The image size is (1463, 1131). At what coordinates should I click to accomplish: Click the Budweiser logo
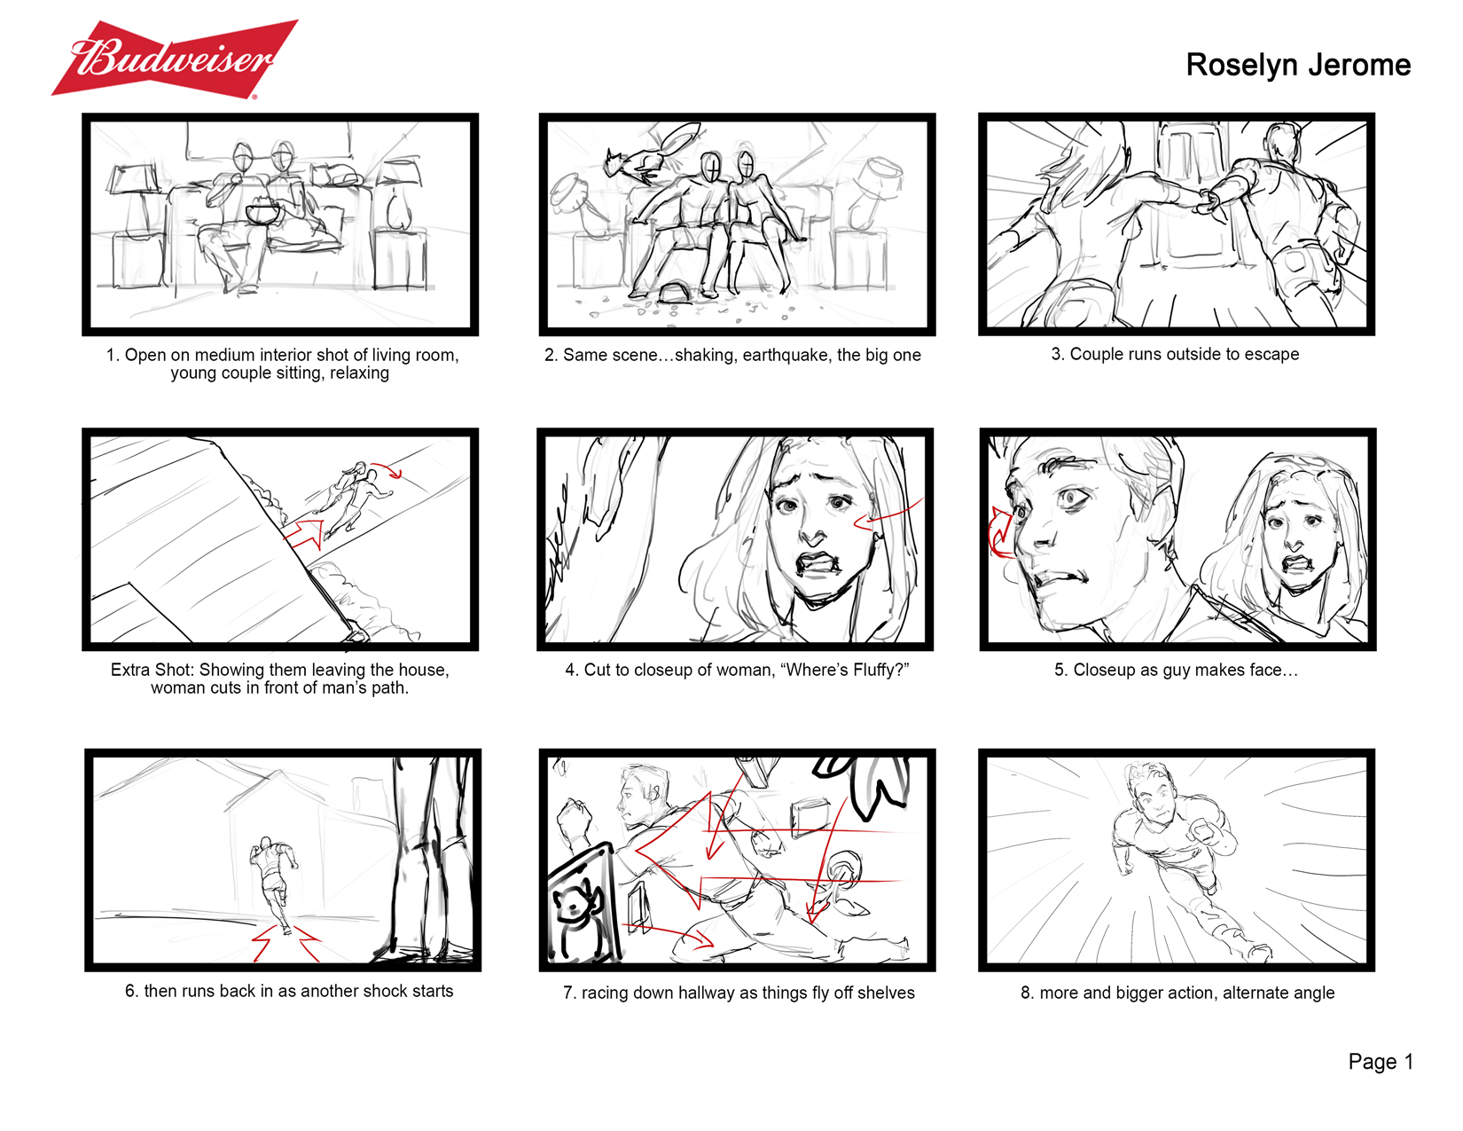[x=175, y=59]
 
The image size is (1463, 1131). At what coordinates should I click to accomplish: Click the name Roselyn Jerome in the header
[x=1297, y=66]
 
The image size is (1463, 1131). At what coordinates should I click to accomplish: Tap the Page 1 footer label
[x=1381, y=1062]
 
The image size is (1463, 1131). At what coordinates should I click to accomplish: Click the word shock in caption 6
[x=376, y=991]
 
